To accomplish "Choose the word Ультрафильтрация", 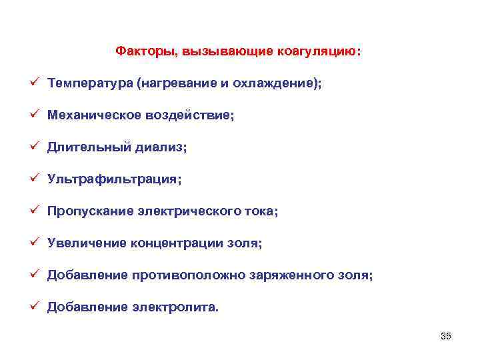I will click(x=113, y=179).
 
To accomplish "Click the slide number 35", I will click(x=446, y=336).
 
